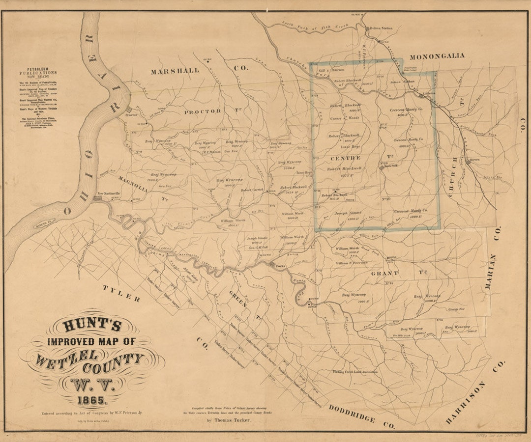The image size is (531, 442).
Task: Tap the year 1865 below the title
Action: coord(90,400)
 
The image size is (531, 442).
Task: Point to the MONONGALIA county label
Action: coord(437,56)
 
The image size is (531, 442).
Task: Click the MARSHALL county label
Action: coord(175,71)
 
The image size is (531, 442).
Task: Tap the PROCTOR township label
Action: coord(203,112)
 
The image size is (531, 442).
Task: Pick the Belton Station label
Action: coord(382,28)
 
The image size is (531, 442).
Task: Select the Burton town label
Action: coord(474,160)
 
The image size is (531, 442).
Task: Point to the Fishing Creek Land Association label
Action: coord(355,372)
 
